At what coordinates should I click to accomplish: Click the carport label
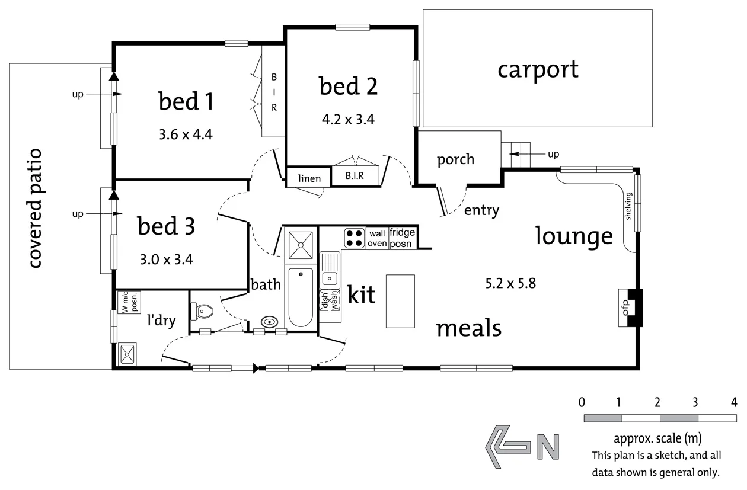pyautogui.click(x=538, y=70)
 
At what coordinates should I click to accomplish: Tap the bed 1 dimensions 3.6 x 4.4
pyautogui.click(x=186, y=134)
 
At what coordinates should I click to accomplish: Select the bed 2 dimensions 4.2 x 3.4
pyautogui.click(x=348, y=119)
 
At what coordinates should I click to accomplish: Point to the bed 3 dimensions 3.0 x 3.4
pyautogui.click(x=166, y=259)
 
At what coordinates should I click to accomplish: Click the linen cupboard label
pyautogui.click(x=309, y=178)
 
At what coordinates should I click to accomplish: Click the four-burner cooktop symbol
pyautogui.click(x=355, y=238)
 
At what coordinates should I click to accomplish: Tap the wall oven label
pyautogui.click(x=378, y=238)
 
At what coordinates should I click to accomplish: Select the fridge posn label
pyautogui.click(x=403, y=238)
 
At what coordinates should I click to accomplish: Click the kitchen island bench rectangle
pyautogui.click(x=400, y=300)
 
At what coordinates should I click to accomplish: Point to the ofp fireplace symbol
pyautogui.click(x=630, y=308)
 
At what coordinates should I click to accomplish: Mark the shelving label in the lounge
pyautogui.click(x=628, y=206)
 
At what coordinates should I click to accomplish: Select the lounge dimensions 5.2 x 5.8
pyautogui.click(x=510, y=283)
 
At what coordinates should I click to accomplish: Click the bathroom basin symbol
pyautogui.click(x=270, y=322)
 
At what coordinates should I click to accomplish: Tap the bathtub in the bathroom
pyautogui.click(x=301, y=296)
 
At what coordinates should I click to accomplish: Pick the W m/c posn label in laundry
pyautogui.click(x=129, y=302)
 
